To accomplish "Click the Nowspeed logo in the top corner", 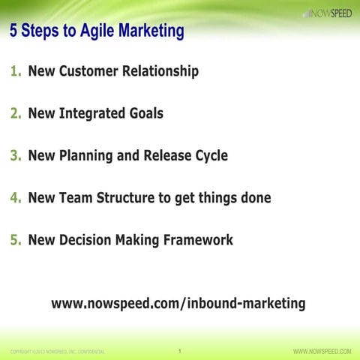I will tap(327, 13).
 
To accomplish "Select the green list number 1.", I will tap(15, 72).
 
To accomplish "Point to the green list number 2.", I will tap(15, 114).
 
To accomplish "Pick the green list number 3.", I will tap(15, 156).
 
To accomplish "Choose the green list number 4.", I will tap(15, 198).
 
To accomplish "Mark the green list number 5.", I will tap(15, 240).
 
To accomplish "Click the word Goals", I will tap(144, 114).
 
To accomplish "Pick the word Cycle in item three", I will tap(209, 156).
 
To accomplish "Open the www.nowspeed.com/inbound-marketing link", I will tap(178, 304).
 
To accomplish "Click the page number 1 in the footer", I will tap(180, 350).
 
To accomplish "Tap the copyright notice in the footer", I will tap(57, 351).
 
